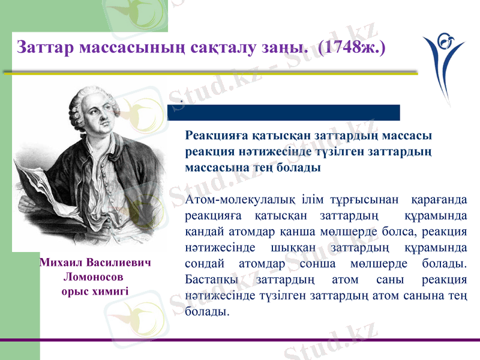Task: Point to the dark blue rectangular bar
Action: click(283, 112)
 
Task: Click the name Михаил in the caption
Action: click(61, 263)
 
